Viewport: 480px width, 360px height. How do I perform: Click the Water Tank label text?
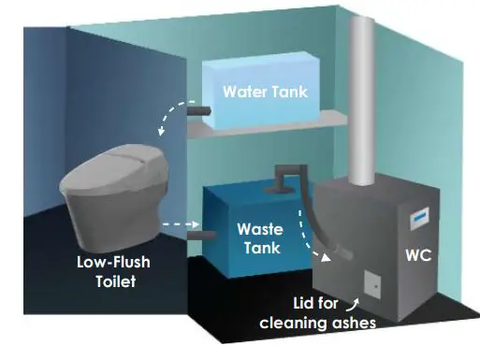click(264, 93)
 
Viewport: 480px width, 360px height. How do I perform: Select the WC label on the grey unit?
click(418, 255)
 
